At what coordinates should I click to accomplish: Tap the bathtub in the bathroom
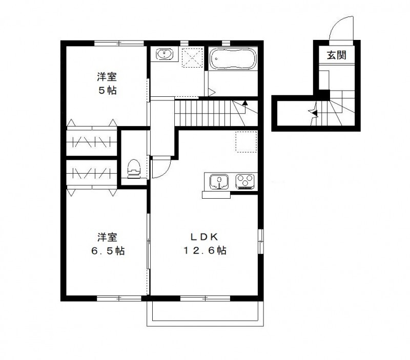point(233,59)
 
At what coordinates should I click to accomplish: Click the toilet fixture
point(134,168)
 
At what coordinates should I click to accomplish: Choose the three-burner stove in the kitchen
point(245,181)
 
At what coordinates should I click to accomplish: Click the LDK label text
point(204,237)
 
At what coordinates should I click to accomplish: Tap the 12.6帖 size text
point(205,251)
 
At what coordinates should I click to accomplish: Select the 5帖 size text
point(107,91)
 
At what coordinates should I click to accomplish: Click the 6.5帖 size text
point(107,251)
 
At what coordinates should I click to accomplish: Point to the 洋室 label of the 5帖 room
point(107,77)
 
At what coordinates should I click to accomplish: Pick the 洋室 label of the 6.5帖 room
point(107,237)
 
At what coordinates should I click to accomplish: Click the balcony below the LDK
point(206,312)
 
